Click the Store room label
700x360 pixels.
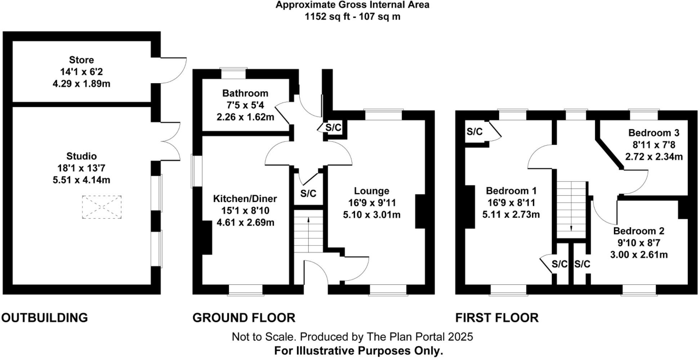[x=81, y=60]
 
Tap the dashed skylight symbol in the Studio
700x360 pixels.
[x=102, y=207]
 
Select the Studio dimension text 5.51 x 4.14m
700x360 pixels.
[x=81, y=180]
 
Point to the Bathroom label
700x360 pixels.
[x=245, y=93]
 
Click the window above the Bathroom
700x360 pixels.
[x=233, y=73]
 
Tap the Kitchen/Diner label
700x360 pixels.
[x=245, y=198]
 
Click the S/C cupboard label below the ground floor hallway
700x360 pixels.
[x=308, y=194]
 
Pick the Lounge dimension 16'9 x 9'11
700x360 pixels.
[x=372, y=203]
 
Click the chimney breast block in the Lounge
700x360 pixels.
[x=420, y=211]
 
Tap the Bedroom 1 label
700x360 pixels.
[x=511, y=190]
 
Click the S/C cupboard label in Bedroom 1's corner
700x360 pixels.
[x=474, y=132]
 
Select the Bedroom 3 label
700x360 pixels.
[x=654, y=133]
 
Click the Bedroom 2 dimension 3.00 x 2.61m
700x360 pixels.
[x=639, y=255]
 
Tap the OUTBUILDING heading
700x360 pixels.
[x=45, y=318]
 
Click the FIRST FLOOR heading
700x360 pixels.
[x=497, y=318]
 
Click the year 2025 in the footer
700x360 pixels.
[x=460, y=337]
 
